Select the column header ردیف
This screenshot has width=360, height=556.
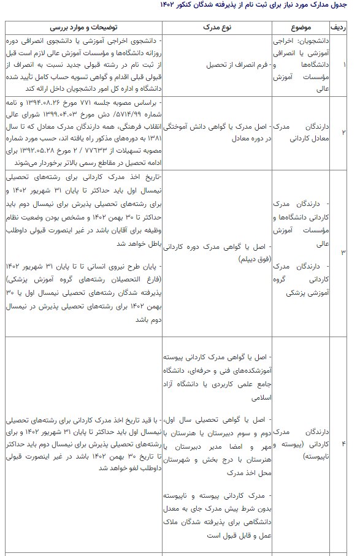tap(344, 29)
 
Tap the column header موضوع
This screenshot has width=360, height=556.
tap(304, 29)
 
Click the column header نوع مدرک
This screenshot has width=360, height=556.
tap(216, 29)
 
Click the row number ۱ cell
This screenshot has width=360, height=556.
tap(344, 64)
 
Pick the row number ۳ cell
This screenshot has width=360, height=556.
tap(344, 252)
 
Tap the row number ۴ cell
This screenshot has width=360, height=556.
tap(344, 443)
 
